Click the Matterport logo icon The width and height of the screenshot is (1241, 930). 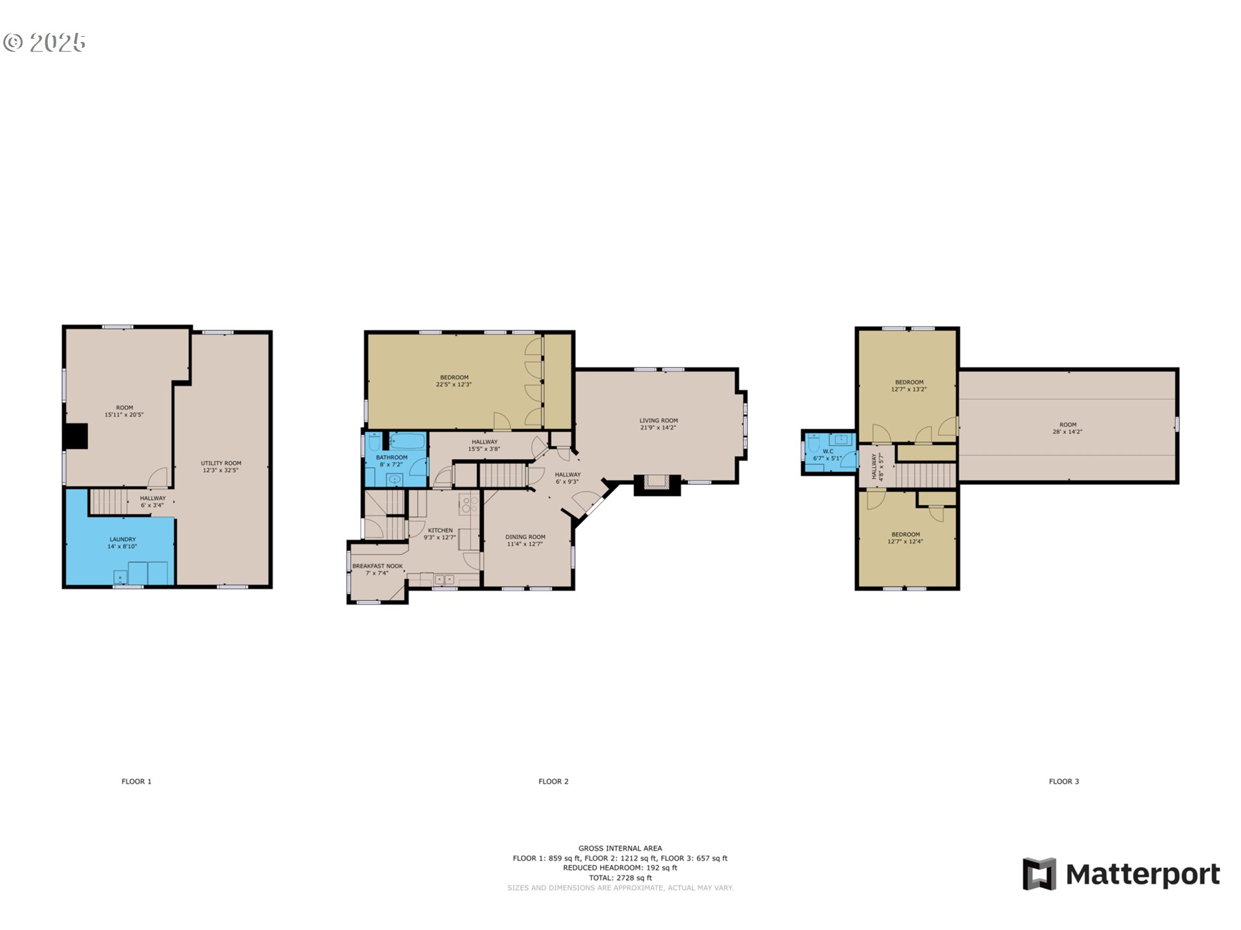(x=1039, y=874)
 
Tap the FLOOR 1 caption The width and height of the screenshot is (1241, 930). (x=136, y=781)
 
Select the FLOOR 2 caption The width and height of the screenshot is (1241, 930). (x=553, y=781)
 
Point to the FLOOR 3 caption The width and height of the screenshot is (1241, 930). (x=1064, y=781)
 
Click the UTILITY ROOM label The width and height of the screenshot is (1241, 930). (x=221, y=463)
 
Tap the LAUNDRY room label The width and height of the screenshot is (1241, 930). (x=123, y=539)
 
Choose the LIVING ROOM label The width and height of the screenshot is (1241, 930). (x=659, y=420)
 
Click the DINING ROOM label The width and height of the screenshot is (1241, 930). (x=525, y=537)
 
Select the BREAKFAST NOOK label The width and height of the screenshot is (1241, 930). (x=377, y=566)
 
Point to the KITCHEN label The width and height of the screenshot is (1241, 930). (x=440, y=530)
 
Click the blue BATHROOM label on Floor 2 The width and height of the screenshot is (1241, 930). (x=392, y=457)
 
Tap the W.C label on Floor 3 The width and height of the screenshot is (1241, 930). (x=828, y=451)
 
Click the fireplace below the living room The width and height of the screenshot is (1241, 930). (x=658, y=484)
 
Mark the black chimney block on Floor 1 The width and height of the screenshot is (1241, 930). (x=76, y=436)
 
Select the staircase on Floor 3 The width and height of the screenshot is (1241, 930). (x=925, y=475)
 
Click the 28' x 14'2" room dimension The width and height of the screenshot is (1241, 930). (x=1068, y=431)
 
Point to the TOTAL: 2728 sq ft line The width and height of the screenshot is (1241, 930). (x=620, y=878)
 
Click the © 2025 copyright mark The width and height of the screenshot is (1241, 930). (x=44, y=43)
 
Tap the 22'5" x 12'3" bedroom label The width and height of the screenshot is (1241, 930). (x=454, y=384)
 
